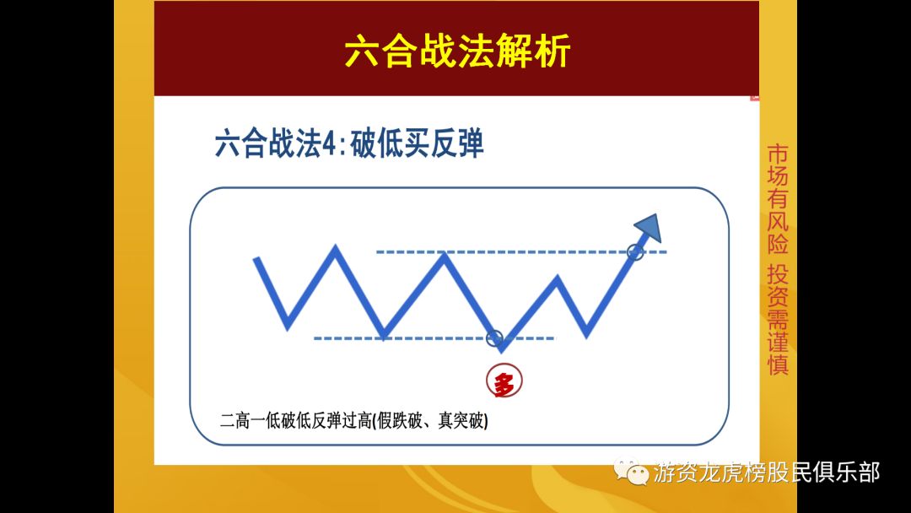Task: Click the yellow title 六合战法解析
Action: [457, 52]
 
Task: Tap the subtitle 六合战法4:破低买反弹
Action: [349, 143]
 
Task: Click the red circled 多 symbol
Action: [504, 382]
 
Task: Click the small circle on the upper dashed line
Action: [636, 251]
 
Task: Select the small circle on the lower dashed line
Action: [495, 337]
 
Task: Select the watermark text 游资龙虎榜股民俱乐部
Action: [767, 472]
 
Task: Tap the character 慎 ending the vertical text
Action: [777, 364]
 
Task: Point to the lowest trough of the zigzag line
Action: [502, 348]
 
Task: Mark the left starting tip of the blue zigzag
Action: [256, 259]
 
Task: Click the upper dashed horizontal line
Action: [523, 251]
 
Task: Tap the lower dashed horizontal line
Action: [422, 338]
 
